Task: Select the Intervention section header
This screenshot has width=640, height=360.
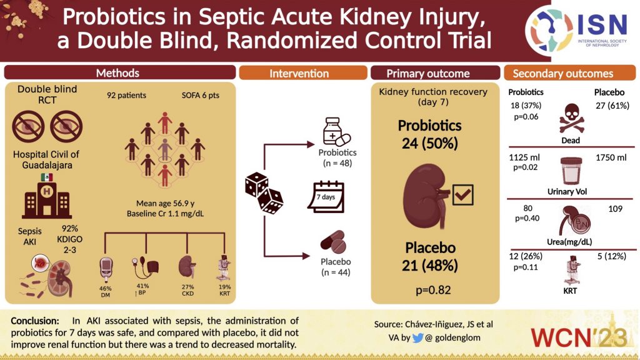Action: click(299, 73)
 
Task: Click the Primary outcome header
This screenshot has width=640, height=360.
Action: click(428, 73)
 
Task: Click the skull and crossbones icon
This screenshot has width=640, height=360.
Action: click(569, 117)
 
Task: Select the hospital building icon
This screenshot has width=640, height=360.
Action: click(47, 200)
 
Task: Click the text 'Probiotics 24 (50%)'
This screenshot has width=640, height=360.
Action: click(429, 134)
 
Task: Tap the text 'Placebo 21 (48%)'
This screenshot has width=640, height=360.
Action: click(429, 257)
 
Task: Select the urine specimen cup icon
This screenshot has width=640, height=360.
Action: click(570, 169)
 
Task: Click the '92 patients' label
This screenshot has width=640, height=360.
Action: click(127, 96)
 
